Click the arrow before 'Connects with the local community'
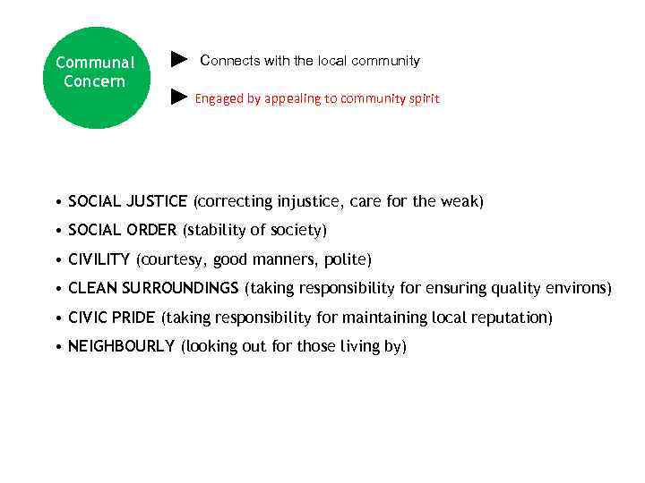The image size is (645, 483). (x=179, y=60)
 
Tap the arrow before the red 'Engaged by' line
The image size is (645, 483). (x=179, y=97)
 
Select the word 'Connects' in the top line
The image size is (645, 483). (x=230, y=61)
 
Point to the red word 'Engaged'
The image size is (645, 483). (x=219, y=98)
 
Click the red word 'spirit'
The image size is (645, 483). (x=423, y=98)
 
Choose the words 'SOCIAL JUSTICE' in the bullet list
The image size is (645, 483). (x=128, y=201)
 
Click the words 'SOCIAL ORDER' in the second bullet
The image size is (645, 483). (x=123, y=231)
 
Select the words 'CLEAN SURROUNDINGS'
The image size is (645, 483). (x=153, y=288)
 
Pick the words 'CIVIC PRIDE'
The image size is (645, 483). (x=112, y=318)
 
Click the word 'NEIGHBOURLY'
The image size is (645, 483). (x=121, y=346)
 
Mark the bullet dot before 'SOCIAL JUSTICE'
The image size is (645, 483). (x=56, y=202)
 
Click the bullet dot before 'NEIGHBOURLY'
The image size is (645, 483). (x=56, y=347)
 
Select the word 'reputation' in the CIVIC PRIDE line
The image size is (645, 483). (x=515, y=318)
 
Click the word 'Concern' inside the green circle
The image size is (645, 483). (x=95, y=82)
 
